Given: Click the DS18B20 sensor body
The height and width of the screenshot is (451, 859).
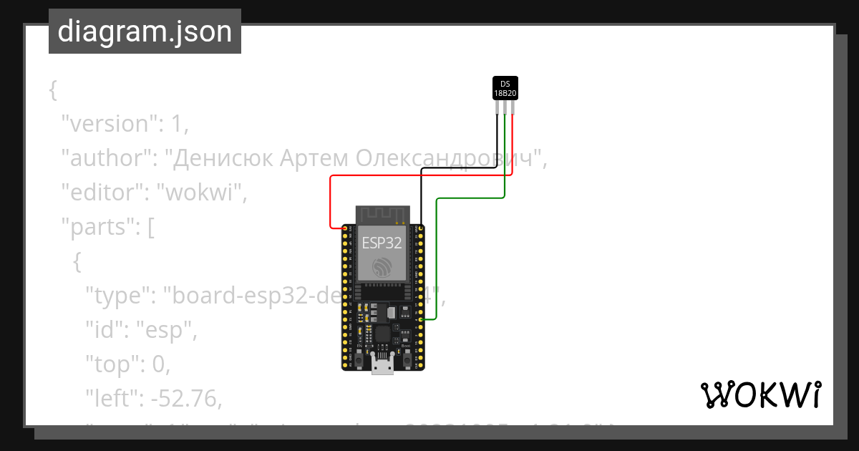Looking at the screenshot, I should (505, 88).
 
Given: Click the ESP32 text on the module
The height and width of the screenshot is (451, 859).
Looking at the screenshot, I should (382, 243).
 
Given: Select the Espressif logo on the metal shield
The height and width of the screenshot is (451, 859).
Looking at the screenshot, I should (382, 268).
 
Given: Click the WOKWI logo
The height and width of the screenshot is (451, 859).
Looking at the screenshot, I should (760, 394).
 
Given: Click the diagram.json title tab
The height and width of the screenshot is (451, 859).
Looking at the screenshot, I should (145, 32).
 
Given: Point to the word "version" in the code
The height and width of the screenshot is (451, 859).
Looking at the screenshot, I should (107, 123).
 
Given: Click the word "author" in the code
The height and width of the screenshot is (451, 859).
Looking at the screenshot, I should (101, 158).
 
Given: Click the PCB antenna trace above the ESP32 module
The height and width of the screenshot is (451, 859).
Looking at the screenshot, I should (382, 214).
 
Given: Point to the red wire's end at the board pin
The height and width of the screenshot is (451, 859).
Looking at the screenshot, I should (345, 228).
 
